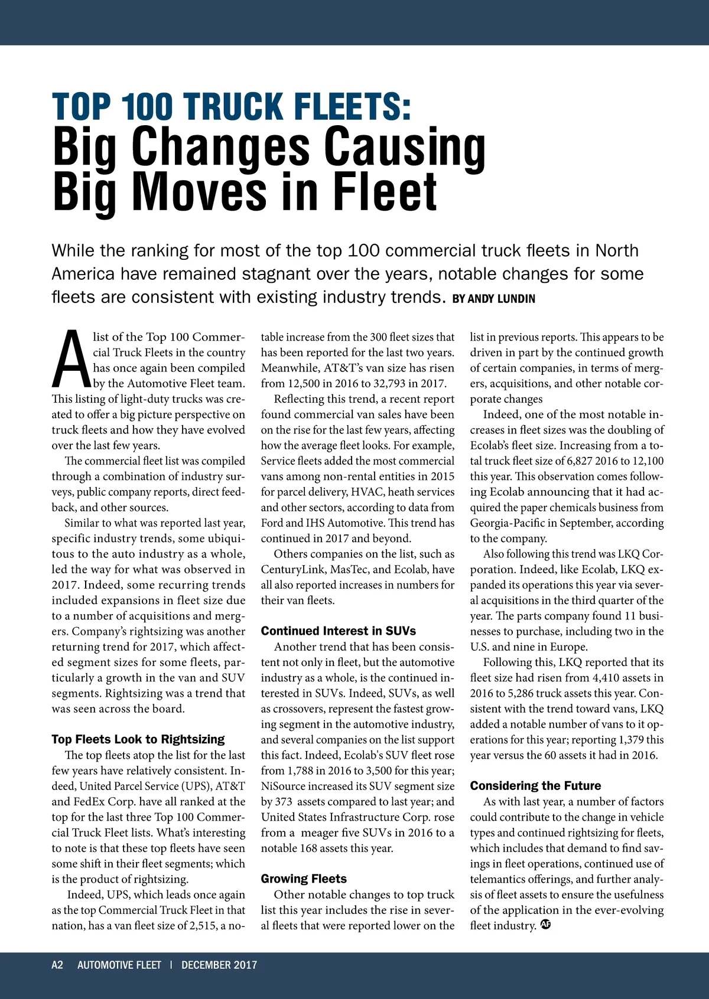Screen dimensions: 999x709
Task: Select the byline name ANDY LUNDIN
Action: tap(502, 299)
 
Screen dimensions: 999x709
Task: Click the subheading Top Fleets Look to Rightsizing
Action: tap(138, 739)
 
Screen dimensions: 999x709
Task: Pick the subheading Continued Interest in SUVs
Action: tap(339, 631)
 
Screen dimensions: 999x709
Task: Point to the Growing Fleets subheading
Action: tap(304, 879)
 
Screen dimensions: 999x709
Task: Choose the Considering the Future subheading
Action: tap(535, 786)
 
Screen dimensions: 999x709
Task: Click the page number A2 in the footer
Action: tap(57, 965)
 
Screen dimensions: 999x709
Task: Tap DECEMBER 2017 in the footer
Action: tap(219, 965)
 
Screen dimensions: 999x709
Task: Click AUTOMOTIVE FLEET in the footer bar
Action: tap(119, 965)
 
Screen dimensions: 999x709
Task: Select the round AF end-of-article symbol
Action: tap(545, 925)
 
